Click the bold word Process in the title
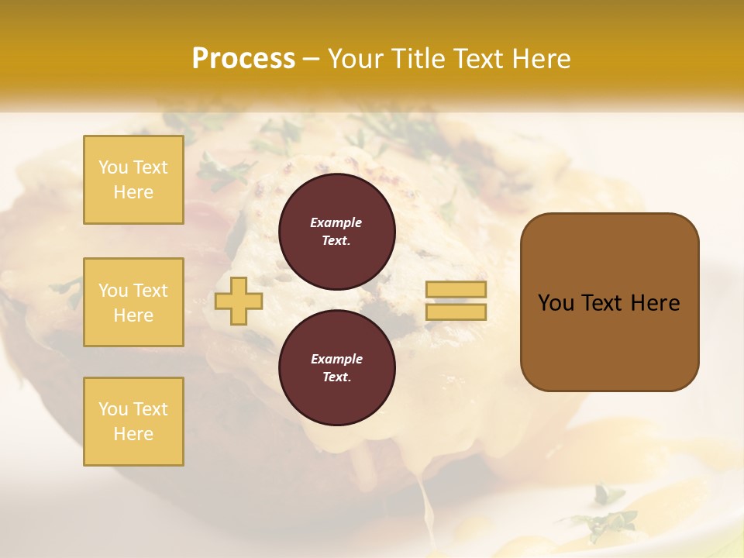243,59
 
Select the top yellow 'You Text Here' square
133,180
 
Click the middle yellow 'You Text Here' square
133,302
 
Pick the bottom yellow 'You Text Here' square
133,422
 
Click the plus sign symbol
239,301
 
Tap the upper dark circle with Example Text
336,231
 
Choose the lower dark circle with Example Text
336,368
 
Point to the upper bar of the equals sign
456,289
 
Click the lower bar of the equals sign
456,312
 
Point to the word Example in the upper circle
336,222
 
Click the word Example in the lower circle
336,359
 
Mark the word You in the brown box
555,303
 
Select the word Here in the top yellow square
133,192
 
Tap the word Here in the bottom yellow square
133,434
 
